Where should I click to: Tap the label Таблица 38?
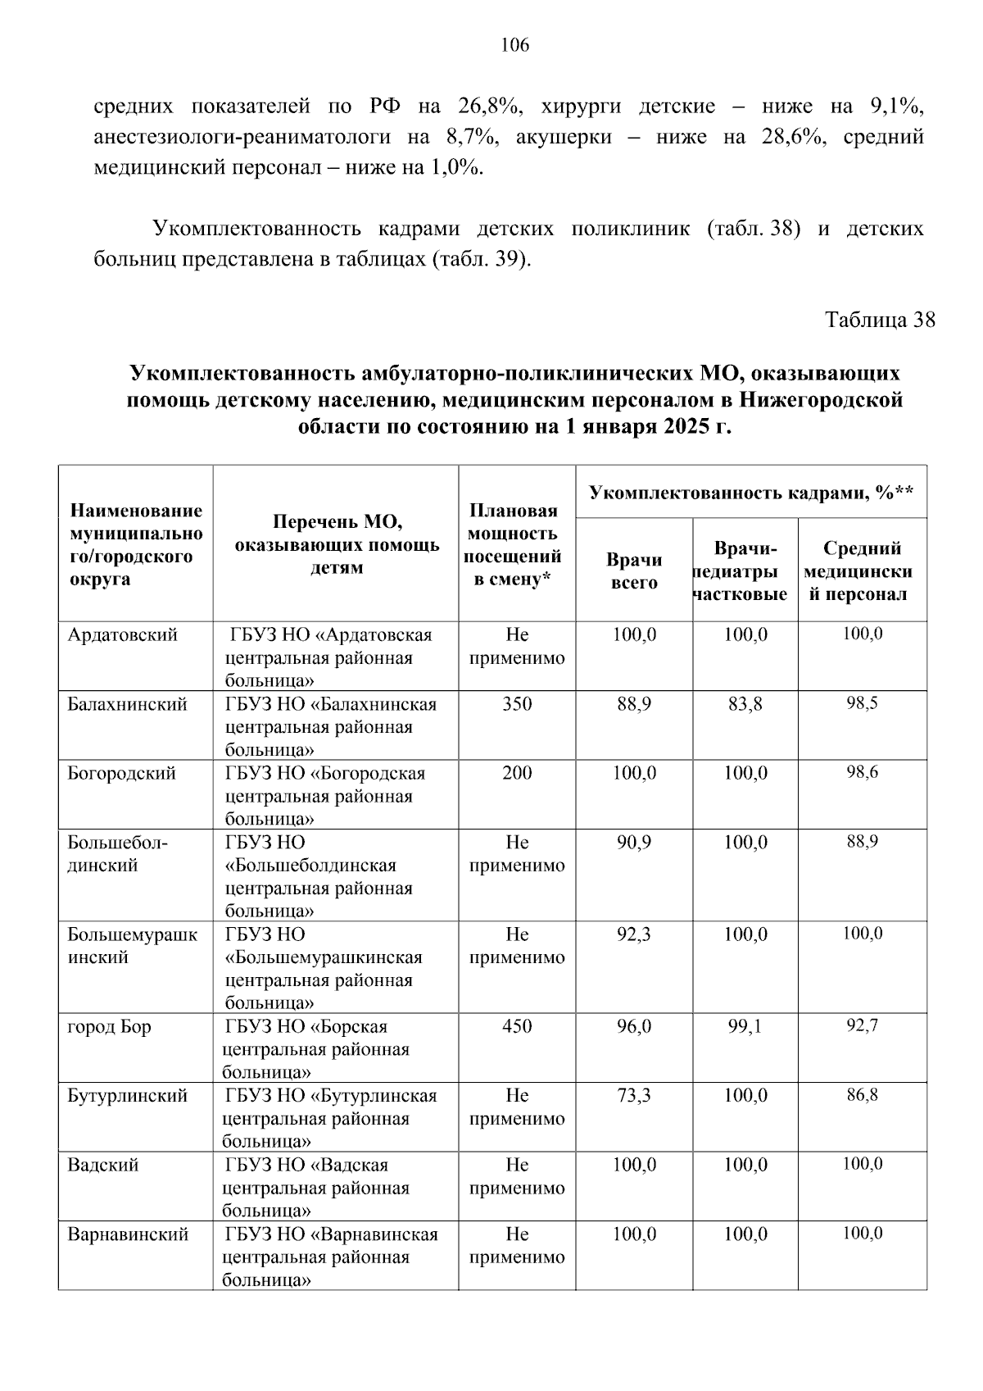[879, 319]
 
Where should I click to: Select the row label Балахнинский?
[127, 705]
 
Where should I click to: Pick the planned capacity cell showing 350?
[517, 704]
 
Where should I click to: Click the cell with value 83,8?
[745, 704]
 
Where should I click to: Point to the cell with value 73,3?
[634, 1096]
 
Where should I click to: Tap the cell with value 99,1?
[745, 1026]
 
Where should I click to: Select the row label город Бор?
[109, 1027]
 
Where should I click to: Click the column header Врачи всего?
[634, 571]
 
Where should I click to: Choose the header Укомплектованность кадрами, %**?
[751, 493]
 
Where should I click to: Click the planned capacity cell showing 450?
[517, 1026]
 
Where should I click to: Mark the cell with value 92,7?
[863, 1025]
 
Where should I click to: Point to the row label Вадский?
[102, 1166]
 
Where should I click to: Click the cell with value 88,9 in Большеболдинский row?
[863, 842]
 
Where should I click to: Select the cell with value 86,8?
[863, 1095]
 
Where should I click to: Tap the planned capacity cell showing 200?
[517, 773]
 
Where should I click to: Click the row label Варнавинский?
[128, 1234]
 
